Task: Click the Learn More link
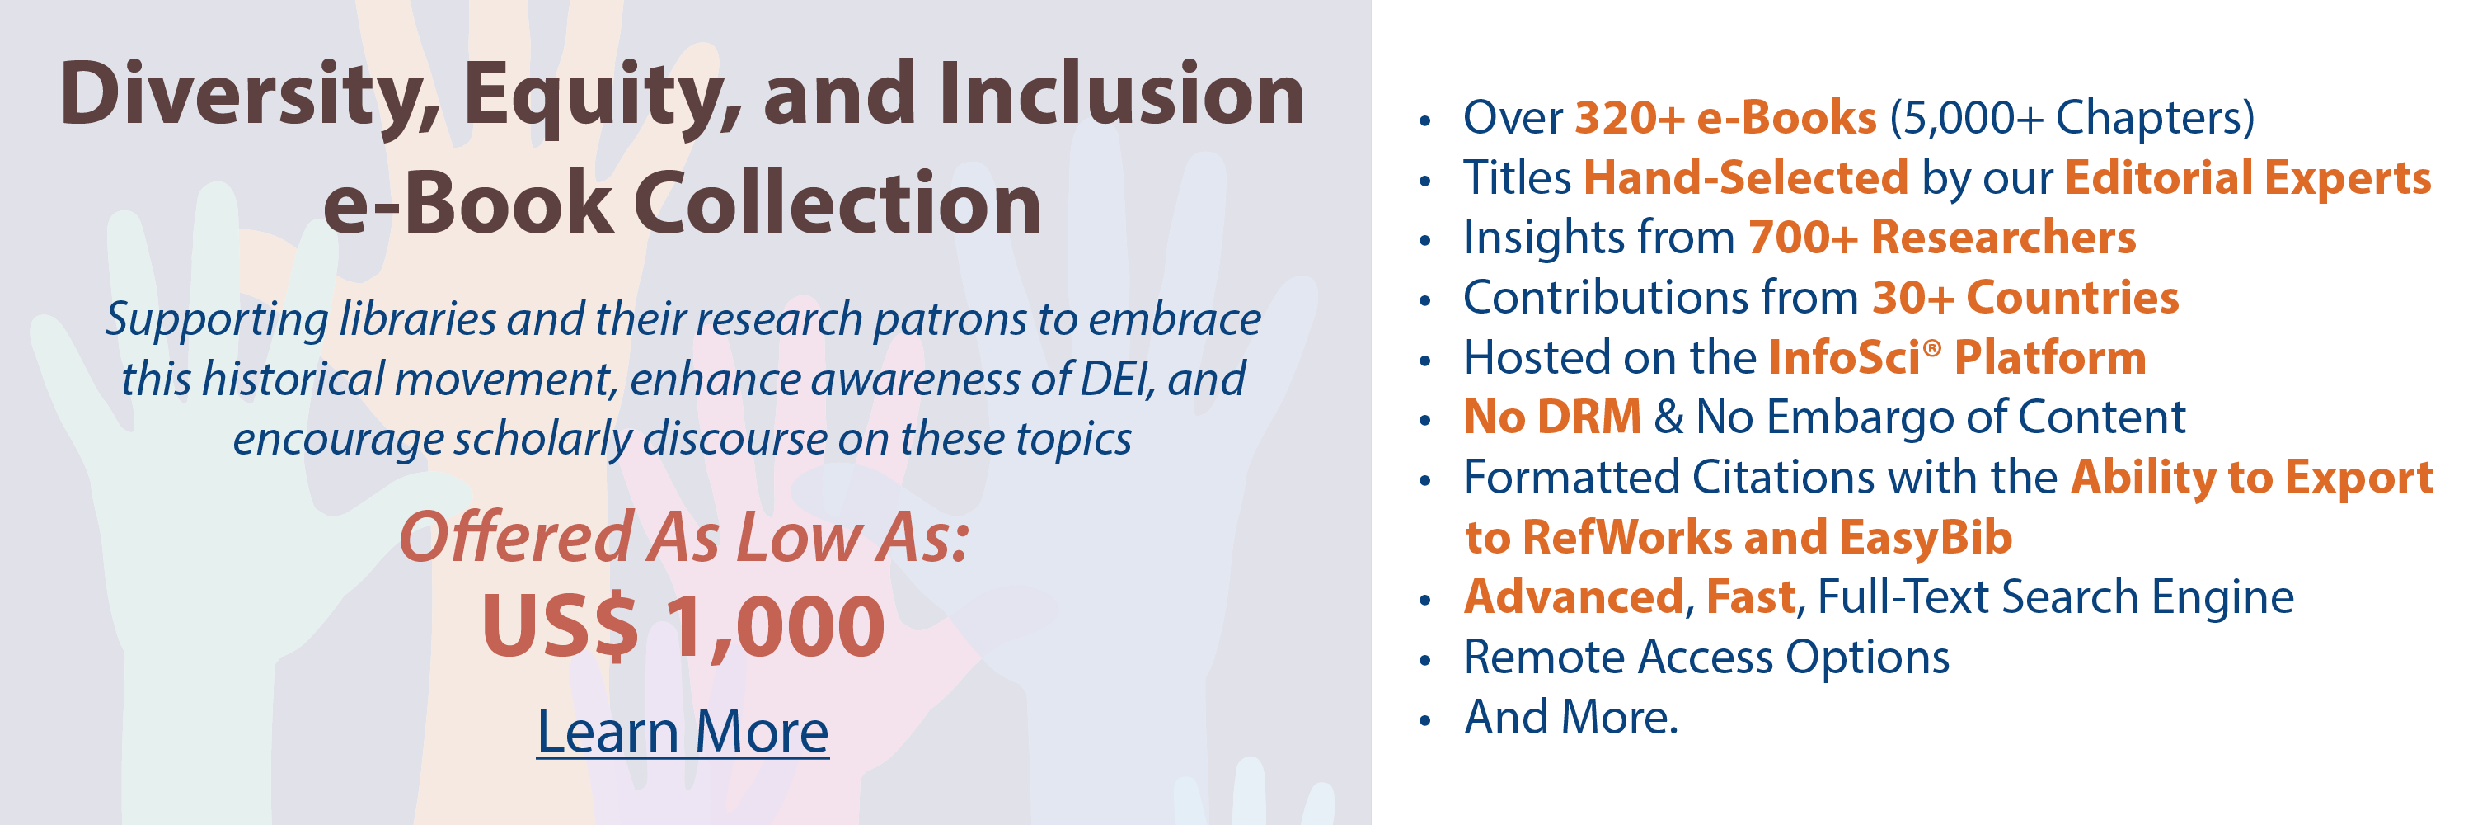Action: [683, 732]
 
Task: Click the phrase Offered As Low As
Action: [683, 537]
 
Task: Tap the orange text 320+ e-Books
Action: [1726, 118]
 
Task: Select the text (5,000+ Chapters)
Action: [2072, 119]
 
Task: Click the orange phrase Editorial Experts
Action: [2248, 179]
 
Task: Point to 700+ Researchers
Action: [1942, 238]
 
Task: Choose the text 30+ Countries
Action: [2025, 298]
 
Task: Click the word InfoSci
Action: [1844, 357]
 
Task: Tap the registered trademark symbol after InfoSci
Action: [1931, 346]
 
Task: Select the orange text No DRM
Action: [1552, 417]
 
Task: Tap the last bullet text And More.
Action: [1571, 718]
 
